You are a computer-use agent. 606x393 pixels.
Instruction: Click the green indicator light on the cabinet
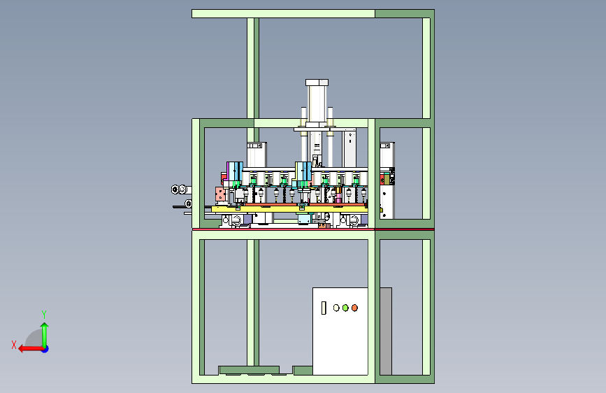point(345,308)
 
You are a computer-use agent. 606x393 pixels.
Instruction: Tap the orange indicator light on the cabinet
point(354,308)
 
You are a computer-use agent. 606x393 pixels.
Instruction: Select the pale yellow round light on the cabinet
point(336,308)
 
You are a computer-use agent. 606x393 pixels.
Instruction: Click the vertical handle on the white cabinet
point(324,308)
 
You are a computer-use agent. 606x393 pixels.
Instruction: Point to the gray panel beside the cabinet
point(386,331)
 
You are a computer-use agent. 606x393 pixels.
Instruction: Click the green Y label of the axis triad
point(44,315)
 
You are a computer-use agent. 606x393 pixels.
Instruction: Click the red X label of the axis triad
point(14,345)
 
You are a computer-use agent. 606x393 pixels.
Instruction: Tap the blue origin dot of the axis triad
point(45,349)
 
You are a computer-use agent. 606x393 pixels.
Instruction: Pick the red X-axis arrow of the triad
point(31,349)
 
